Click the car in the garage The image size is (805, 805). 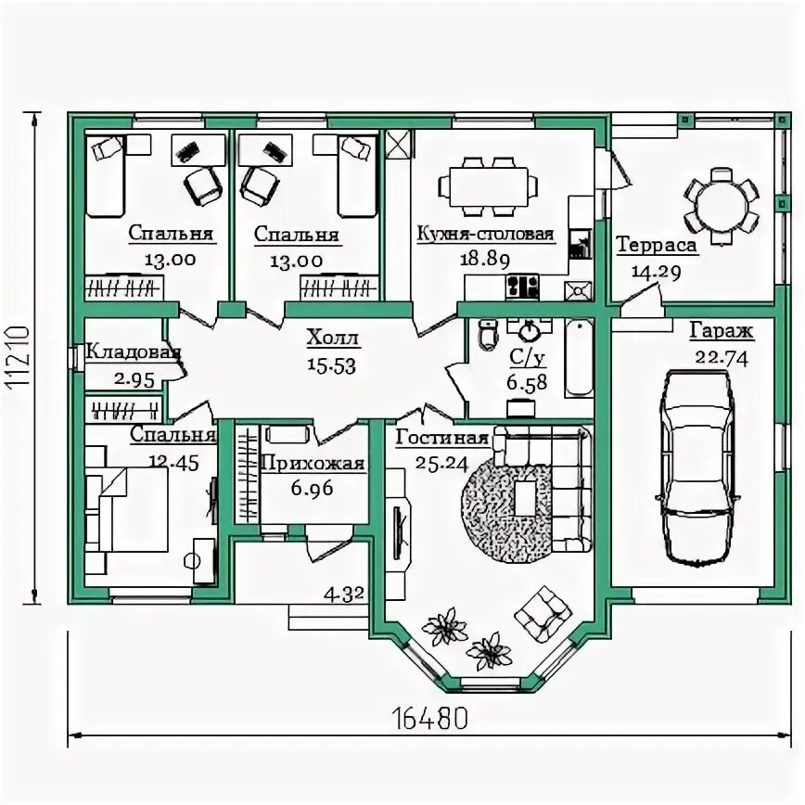697,466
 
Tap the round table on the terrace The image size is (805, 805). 722,207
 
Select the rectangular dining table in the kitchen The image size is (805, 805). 490,186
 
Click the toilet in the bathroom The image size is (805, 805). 489,334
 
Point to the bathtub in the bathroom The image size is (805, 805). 579,358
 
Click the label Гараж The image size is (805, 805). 721,331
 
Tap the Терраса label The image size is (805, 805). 657,245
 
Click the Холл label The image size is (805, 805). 332,339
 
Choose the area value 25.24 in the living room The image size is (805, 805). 442,464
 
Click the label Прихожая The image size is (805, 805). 313,464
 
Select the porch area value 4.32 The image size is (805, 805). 344,594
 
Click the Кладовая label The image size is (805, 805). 133,352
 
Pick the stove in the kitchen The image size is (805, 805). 522,287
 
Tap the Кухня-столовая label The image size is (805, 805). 485,234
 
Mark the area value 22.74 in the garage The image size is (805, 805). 722,357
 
